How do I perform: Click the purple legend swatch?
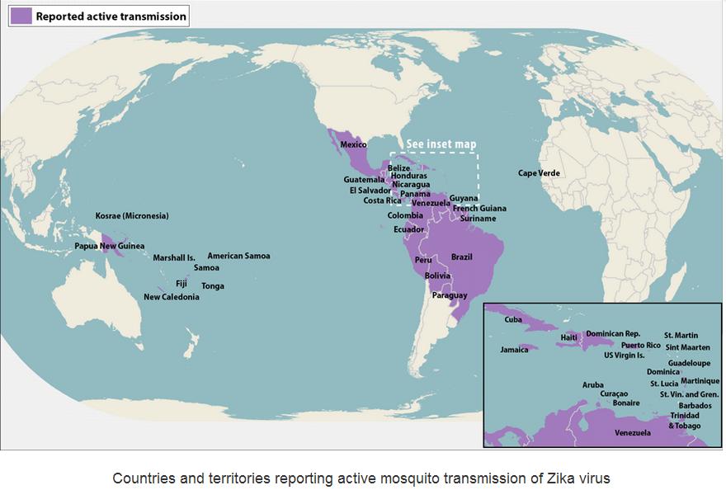(21, 16)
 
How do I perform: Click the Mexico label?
(353, 146)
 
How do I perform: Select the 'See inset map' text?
(441, 144)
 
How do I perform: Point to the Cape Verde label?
(539, 173)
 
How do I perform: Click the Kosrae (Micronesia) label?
(132, 216)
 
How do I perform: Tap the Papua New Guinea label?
(109, 246)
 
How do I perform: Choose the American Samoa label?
(238, 256)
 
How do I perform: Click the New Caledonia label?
(171, 297)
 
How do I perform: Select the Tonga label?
(213, 286)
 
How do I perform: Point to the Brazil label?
(462, 257)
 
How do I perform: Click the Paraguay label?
(450, 295)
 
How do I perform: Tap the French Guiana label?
(479, 209)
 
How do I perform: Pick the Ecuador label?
(409, 229)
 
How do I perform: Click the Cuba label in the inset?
(513, 320)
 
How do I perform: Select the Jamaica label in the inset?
(514, 350)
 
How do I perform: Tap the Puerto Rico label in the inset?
(641, 345)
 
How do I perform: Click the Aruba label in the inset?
(592, 385)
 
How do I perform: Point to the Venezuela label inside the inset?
(633, 433)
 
